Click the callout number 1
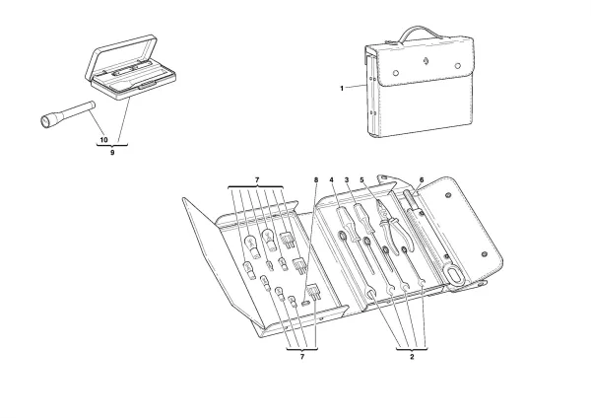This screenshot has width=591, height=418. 341,89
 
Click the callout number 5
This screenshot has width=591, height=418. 362,179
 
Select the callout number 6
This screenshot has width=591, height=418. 422,180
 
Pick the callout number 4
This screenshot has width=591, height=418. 332,179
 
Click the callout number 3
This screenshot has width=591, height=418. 347,179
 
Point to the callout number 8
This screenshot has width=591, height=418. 316,179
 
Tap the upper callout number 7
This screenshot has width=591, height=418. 255,179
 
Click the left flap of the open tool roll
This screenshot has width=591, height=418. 222,266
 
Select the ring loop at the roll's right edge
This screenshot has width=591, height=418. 454,272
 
